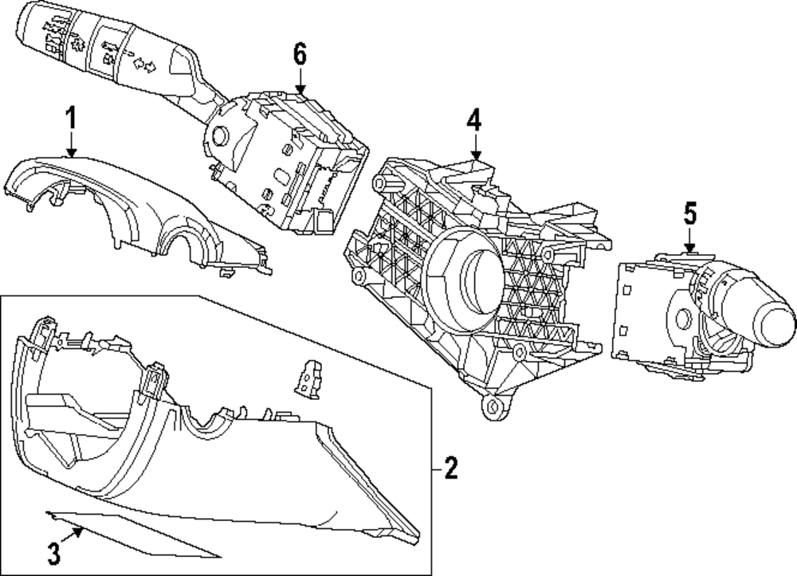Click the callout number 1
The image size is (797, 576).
click(x=70, y=120)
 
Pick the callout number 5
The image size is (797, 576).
click(x=689, y=213)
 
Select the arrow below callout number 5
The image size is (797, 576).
click(x=689, y=241)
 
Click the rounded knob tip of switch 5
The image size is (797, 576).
click(x=775, y=321)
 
